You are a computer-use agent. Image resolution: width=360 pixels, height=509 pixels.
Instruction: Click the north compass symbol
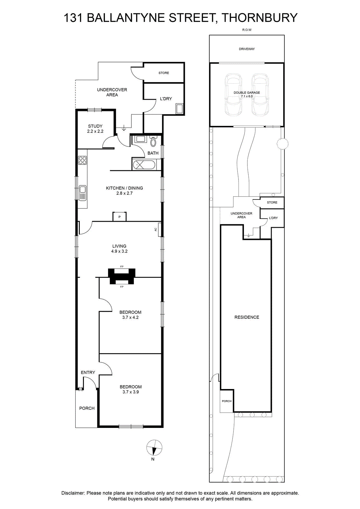(154, 448)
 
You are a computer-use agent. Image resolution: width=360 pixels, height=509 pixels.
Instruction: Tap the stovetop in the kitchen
(82, 160)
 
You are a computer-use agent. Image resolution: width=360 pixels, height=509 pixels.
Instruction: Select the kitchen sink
(82, 193)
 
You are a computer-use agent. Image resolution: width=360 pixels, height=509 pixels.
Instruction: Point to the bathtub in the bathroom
(144, 164)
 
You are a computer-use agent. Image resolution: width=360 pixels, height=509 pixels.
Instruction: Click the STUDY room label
(95, 126)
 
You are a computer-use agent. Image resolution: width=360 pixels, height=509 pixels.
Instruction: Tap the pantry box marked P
(120, 216)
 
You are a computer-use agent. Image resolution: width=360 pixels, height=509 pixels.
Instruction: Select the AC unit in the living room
(159, 229)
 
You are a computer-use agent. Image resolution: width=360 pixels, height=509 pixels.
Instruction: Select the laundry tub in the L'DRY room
(180, 108)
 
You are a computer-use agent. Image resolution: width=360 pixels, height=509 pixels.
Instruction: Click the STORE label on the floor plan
(164, 73)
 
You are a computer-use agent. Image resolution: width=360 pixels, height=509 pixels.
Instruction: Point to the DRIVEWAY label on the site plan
(247, 49)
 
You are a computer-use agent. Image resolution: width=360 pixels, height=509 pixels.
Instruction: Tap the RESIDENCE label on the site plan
(247, 317)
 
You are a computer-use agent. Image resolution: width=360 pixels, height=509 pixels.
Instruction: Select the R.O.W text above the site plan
(247, 30)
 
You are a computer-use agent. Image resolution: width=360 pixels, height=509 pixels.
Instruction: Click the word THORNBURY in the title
(259, 17)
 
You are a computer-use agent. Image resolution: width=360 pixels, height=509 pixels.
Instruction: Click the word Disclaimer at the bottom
(73, 493)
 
